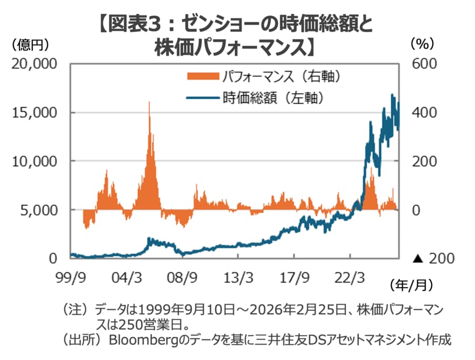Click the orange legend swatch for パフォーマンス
[203, 77]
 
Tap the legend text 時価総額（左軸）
[273, 98]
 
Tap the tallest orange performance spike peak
[149, 102]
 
